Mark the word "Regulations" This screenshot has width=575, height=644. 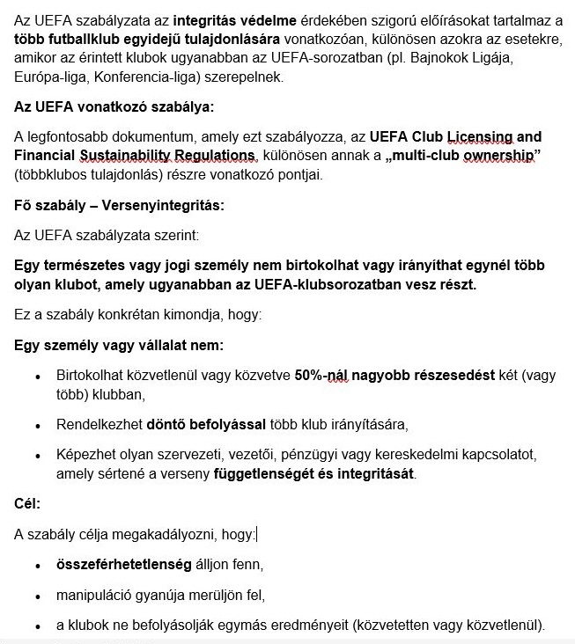pyautogui.click(x=210, y=156)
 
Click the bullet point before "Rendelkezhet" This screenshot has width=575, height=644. pyautogui.click(x=37, y=426)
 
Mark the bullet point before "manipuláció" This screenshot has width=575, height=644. pyautogui.click(x=37, y=596)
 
